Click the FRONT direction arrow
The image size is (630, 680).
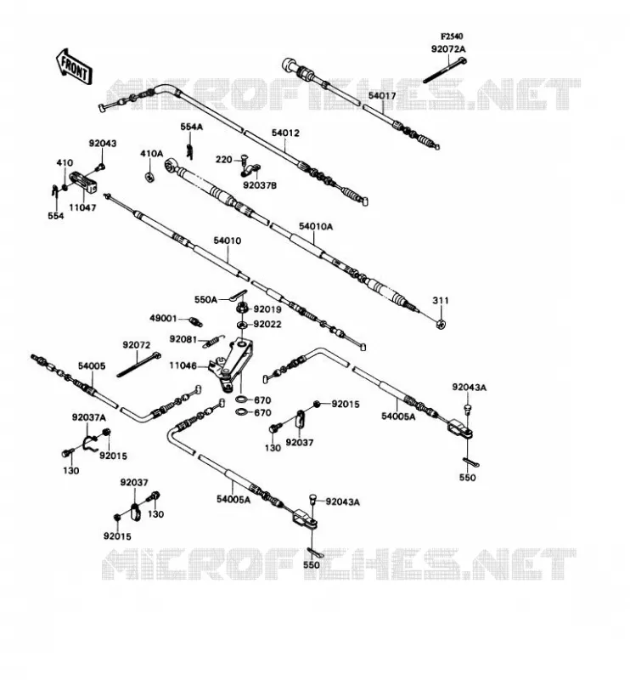click(x=74, y=67)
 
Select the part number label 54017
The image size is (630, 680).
click(x=382, y=95)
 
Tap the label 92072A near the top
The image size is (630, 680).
click(x=448, y=49)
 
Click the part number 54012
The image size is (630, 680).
click(x=285, y=133)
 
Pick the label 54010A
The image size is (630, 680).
click(x=316, y=226)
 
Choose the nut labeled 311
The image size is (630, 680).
click(x=442, y=324)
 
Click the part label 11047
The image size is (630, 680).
click(x=82, y=207)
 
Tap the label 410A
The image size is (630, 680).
click(x=151, y=154)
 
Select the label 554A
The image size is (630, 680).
click(x=192, y=127)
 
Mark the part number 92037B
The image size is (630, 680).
click(x=260, y=185)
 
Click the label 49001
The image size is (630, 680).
click(x=163, y=318)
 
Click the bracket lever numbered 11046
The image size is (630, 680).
click(x=232, y=364)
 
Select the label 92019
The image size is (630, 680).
click(x=267, y=309)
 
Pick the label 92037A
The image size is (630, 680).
click(x=89, y=417)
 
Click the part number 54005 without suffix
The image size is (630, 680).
click(x=92, y=366)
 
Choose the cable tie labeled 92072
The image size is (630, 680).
click(x=138, y=365)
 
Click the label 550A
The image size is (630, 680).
click(x=205, y=300)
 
